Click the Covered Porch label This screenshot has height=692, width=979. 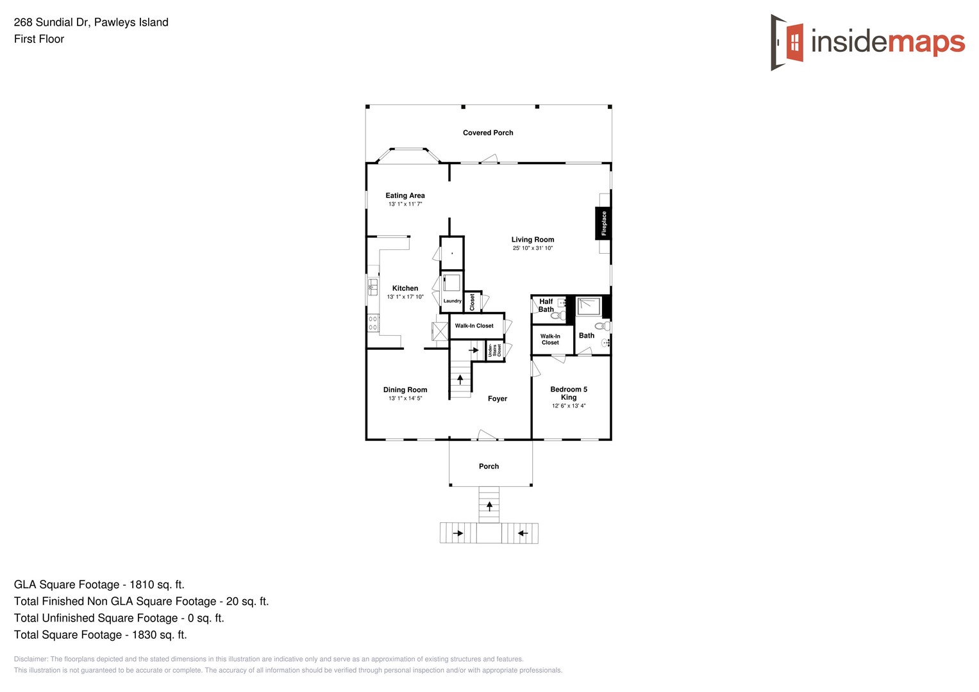[488, 133]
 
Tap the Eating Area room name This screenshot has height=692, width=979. [405, 195]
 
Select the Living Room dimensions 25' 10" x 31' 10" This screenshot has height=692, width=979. [532, 248]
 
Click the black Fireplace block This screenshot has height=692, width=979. [603, 223]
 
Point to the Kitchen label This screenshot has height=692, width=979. [405, 288]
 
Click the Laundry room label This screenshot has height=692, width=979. [452, 301]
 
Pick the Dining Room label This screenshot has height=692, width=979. [405, 390]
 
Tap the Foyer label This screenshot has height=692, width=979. [497, 399]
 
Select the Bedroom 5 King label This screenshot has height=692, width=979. [569, 393]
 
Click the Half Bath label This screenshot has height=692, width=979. [546, 305]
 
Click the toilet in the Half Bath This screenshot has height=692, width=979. [557, 315]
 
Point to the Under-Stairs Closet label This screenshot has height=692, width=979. [494, 350]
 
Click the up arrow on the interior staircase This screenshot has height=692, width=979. [460, 379]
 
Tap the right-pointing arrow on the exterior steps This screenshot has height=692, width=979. [458, 533]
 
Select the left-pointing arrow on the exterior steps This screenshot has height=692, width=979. [523, 533]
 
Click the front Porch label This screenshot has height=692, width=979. [489, 466]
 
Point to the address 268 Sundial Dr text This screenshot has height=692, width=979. [91, 22]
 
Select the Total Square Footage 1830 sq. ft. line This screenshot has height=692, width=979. [100, 635]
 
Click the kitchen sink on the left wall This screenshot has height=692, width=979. [372, 286]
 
